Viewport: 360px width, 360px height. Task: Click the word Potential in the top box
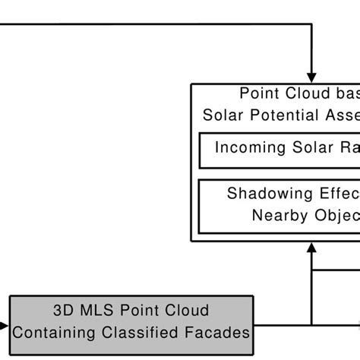pyautogui.click(x=278, y=115)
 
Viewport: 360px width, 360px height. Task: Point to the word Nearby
pyautogui.click(x=278, y=215)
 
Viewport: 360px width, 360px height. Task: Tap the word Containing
pyautogui.click(x=50, y=332)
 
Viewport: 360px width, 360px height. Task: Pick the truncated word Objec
pyautogui.click(x=333, y=215)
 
